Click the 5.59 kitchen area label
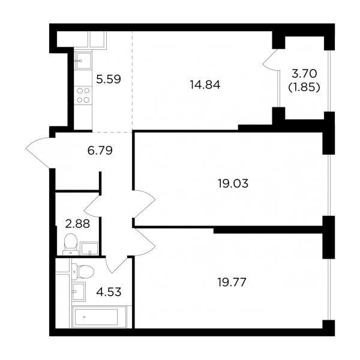click(109, 79)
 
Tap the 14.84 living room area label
click(205, 85)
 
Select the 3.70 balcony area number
click(304, 74)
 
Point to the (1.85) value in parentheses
click(304, 87)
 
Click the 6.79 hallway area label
click(100, 151)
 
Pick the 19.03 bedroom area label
click(233, 184)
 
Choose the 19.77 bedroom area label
click(232, 282)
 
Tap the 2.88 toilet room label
click(77, 224)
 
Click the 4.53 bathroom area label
click(109, 292)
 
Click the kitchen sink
click(83, 61)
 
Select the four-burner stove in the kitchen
click(83, 95)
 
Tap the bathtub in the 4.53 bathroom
click(99, 317)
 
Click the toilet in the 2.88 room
click(70, 245)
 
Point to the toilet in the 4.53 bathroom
click(83, 272)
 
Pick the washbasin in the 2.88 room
click(89, 248)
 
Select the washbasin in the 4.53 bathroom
click(79, 292)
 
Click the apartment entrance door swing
click(38, 152)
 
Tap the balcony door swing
click(271, 59)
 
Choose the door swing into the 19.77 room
click(144, 242)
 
